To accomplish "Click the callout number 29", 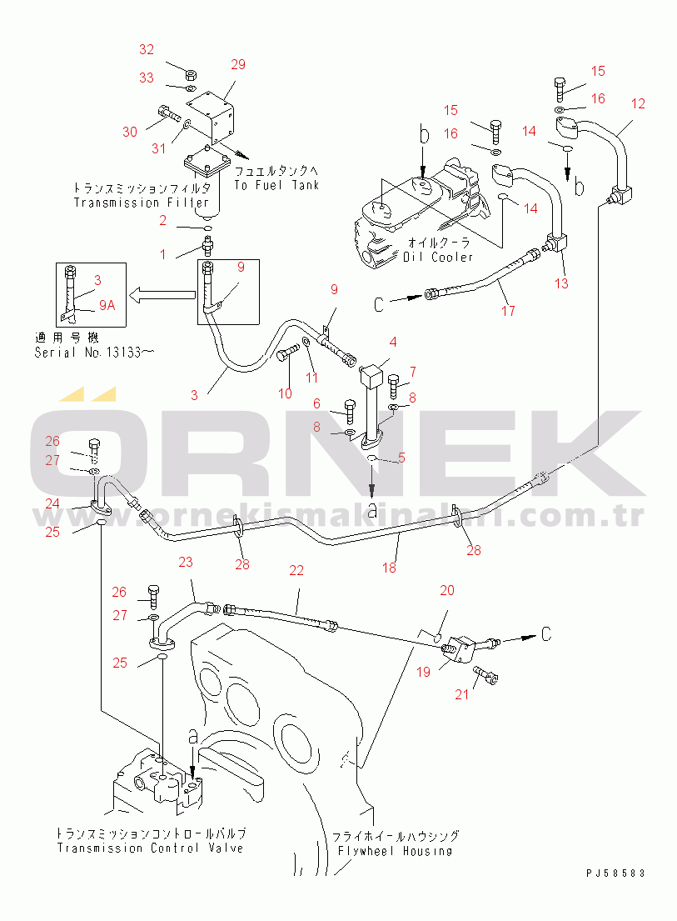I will coord(238,64).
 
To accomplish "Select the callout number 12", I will coord(638,104).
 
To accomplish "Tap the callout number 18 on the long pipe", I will coord(389,568).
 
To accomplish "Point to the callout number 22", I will coord(296,571).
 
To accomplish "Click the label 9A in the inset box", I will coord(107,305).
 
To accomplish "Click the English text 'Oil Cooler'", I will coord(438,257).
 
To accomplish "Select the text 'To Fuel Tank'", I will coord(276,185).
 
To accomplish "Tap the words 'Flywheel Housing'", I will coord(395,851).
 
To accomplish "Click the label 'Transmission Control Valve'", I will coord(151,848).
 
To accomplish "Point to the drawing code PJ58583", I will coord(615,873).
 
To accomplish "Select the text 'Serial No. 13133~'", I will coord(93,353).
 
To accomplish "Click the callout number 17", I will coord(508,311).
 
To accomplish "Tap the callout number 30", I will coord(130,132).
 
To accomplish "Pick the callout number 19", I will coord(424,671).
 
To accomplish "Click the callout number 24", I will coord(52,503).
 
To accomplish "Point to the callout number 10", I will coord(285,393).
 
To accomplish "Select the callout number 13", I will coord(561,283).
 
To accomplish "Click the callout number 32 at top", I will coord(147,50).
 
